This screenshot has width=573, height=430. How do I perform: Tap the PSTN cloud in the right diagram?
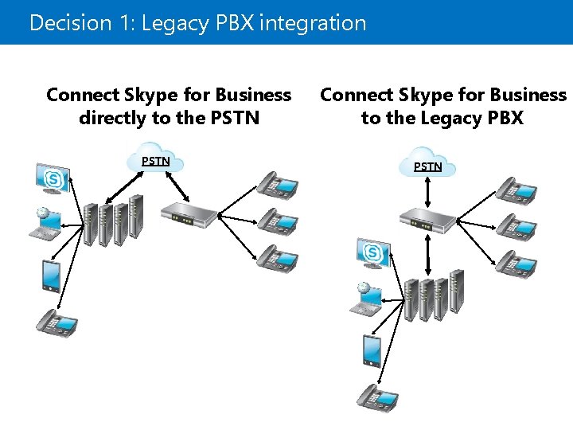tap(427, 164)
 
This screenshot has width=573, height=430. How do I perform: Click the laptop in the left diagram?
tap(45, 223)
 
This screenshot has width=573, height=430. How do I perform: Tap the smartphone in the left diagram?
tap(49, 276)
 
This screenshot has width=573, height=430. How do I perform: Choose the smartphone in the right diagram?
tap(371, 350)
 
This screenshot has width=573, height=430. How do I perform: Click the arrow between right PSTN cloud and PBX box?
tap(428, 191)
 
